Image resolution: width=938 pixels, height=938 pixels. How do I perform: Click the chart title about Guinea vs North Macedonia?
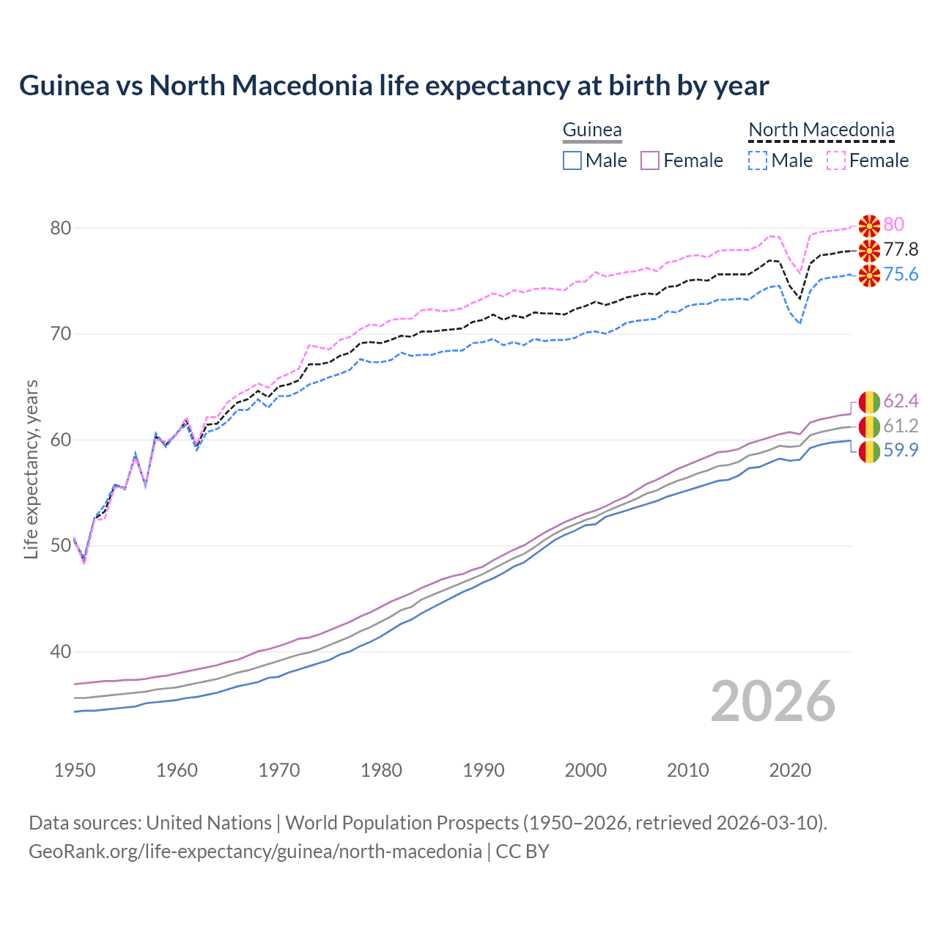point(394,86)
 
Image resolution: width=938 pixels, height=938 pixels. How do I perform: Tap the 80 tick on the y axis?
point(61,228)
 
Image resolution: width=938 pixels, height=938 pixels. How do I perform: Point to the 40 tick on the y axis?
point(61,651)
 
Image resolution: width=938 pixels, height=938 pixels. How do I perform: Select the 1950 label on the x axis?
point(75,770)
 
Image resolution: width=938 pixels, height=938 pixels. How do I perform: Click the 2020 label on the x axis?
point(790,770)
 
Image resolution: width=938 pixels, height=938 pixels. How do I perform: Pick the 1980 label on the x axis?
point(381,770)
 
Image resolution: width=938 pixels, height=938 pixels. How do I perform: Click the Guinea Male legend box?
point(572,160)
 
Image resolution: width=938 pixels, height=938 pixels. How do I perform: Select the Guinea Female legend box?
point(651,160)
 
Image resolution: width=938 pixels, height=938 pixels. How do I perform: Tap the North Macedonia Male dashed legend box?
point(758,160)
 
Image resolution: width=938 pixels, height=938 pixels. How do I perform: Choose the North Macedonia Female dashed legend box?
point(836,160)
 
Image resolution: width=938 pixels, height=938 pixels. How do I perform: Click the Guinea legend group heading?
point(592,130)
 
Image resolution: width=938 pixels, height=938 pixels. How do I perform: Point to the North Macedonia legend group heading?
point(821,130)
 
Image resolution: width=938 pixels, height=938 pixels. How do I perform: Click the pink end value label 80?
point(894,224)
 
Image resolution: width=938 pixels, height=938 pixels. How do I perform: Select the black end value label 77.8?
point(901,249)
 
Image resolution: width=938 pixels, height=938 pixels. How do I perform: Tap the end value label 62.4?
point(901,401)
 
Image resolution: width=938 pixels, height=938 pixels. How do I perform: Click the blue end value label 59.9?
point(901,450)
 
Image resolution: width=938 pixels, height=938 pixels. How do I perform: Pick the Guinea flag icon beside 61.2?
point(869,426)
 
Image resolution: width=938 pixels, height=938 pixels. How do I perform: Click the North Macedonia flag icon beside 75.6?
point(869,276)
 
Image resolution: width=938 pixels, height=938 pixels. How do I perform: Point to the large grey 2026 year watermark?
point(773,701)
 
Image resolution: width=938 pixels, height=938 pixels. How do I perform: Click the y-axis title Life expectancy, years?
point(31,469)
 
